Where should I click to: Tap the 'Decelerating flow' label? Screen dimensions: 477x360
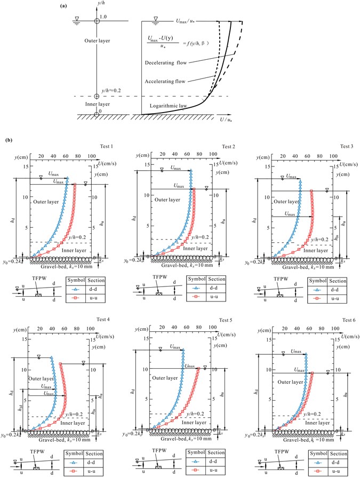point(168,63)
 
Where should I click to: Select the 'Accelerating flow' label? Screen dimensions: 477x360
point(166,81)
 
